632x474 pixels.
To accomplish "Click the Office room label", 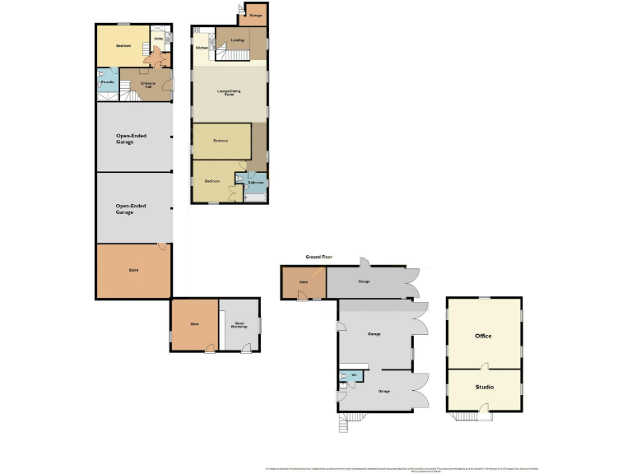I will pyautogui.click(x=483, y=336).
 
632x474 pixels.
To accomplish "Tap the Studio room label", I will pyautogui.click(x=483, y=386).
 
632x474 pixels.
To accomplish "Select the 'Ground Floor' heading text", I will pyautogui.click(x=318, y=258).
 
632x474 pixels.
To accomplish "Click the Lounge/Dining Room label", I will pyautogui.click(x=230, y=94).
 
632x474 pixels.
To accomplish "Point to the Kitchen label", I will pyautogui.click(x=202, y=49).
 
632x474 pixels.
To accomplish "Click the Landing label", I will pyautogui.click(x=238, y=39).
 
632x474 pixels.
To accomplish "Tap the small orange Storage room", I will pyautogui.click(x=255, y=15).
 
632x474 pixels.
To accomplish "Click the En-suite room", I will pyautogui.click(x=106, y=83).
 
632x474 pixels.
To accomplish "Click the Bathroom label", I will pyautogui.click(x=256, y=182).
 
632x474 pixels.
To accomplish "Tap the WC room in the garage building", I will pyautogui.click(x=353, y=378).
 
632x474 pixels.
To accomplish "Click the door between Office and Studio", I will pyautogui.click(x=486, y=368).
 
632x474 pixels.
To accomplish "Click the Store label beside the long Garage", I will pyautogui.click(x=303, y=282).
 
